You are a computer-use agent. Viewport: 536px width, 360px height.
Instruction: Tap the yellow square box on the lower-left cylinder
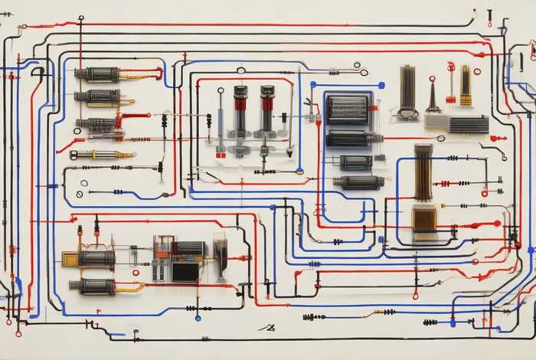(x=70, y=259)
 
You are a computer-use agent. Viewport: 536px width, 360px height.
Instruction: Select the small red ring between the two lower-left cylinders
(x=136, y=272)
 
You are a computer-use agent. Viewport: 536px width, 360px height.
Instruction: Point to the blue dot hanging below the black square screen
(x=198, y=317)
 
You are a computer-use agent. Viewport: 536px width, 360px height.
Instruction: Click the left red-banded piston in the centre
(x=240, y=107)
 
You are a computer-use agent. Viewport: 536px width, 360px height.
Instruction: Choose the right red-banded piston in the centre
(x=266, y=107)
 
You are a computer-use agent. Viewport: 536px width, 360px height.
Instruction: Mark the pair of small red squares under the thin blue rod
(x=221, y=155)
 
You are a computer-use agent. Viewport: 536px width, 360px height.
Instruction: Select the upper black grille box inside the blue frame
(x=348, y=110)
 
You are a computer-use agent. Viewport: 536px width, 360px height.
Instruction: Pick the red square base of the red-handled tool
(x=451, y=99)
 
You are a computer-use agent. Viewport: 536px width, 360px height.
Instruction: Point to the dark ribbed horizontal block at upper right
(x=468, y=124)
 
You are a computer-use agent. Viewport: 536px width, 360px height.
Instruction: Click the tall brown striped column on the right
(x=423, y=171)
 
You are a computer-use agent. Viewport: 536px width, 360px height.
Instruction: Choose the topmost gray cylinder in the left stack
(x=97, y=74)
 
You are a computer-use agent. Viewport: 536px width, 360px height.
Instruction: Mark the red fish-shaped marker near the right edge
(x=498, y=138)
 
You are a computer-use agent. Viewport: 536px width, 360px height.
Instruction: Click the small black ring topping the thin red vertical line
(x=81, y=18)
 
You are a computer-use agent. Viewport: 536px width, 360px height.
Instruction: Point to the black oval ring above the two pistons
(x=241, y=70)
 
